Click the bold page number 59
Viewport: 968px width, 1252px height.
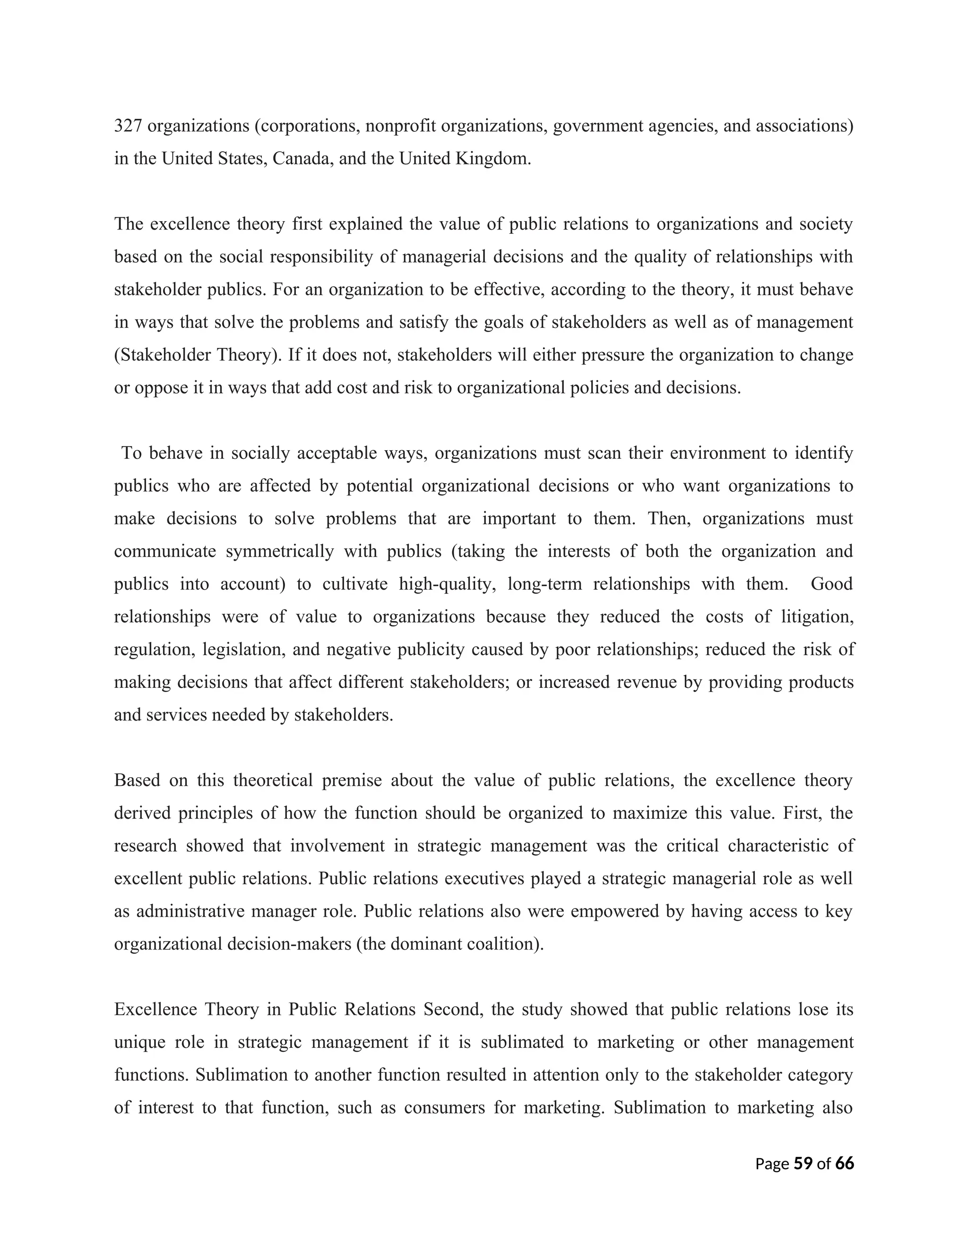pos(803,1164)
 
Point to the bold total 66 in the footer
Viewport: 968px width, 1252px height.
pos(844,1164)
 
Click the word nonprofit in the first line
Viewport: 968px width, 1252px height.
pos(400,126)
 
